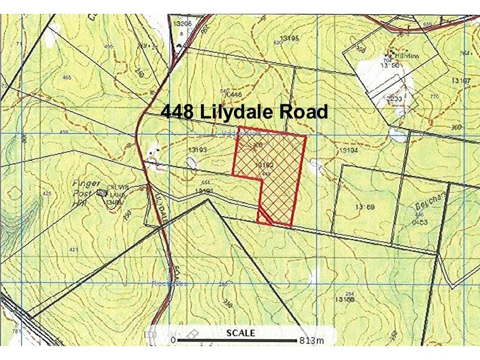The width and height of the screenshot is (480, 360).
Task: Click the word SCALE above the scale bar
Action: click(x=241, y=333)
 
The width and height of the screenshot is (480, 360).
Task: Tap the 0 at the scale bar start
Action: click(x=173, y=341)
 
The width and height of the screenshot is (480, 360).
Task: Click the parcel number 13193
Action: click(x=197, y=149)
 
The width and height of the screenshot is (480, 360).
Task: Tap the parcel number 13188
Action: click(x=344, y=298)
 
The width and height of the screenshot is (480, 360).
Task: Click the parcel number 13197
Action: click(x=463, y=80)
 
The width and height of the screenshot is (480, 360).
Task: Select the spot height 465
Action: click(x=67, y=77)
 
